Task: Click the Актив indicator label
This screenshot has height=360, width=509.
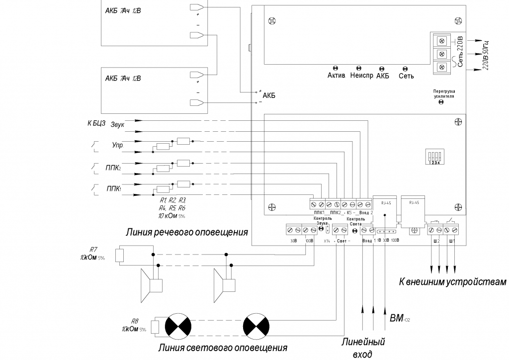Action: pyautogui.click(x=336, y=76)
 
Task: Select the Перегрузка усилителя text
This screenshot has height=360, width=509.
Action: pyautogui.click(x=444, y=94)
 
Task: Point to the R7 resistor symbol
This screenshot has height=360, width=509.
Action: pyautogui.click(x=119, y=255)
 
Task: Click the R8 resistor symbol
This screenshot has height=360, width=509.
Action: pyautogui.click(x=155, y=326)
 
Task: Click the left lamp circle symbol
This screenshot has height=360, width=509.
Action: pyautogui.click(x=177, y=326)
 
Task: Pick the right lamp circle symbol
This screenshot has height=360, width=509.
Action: pyautogui.click(x=256, y=326)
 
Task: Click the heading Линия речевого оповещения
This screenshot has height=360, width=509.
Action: pyautogui.click(x=186, y=232)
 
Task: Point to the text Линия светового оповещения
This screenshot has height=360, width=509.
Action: pyautogui.click(x=222, y=347)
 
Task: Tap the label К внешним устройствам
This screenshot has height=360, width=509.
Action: pyautogui.click(x=452, y=282)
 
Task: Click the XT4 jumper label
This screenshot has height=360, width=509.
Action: pyautogui.click(x=326, y=241)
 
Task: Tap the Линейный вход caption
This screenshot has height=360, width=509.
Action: pyautogui.click(x=363, y=348)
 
